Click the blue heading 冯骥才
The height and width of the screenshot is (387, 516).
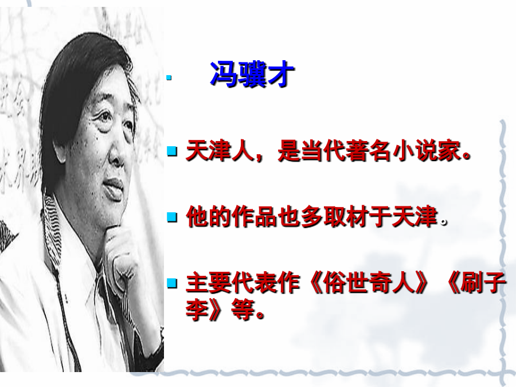coord(252,75)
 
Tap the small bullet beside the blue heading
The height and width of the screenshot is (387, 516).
coord(169,77)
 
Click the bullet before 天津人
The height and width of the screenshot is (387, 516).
coord(172,151)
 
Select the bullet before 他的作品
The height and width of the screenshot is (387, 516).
coord(172,217)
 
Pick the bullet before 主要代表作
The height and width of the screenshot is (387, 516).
coord(172,283)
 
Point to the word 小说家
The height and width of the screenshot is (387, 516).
coord(427,151)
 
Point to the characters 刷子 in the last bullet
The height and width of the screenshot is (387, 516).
coord(483,283)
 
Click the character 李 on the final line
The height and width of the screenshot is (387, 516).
coord(197,310)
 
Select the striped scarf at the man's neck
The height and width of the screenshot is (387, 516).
coord(53,230)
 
